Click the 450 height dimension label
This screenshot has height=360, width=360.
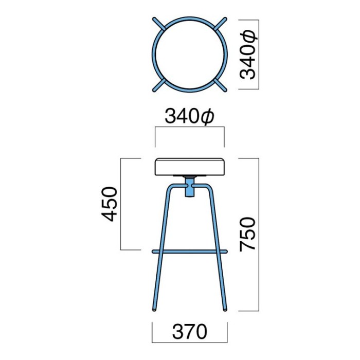(109, 204)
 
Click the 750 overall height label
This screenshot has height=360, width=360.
(247, 235)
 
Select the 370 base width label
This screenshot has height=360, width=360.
(190, 332)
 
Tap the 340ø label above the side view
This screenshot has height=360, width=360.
(189, 117)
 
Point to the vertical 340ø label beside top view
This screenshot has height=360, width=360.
(247, 55)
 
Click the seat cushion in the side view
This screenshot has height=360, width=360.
(190, 167)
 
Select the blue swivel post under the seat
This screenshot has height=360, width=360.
(189, 186)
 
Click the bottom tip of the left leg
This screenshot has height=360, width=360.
(154, 310)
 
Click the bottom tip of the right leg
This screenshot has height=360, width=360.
(225, 310)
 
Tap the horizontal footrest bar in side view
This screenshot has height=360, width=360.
(190, 251)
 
